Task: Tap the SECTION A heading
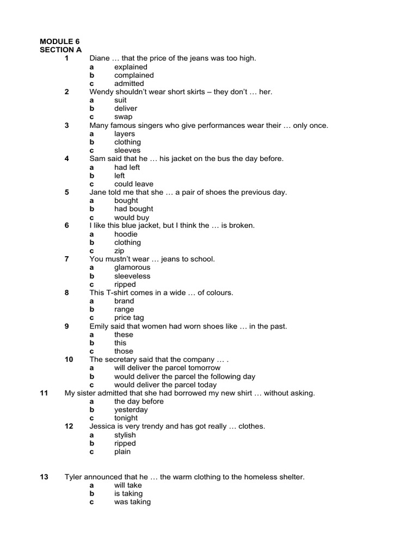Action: point(61,49)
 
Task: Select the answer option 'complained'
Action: point(134,75)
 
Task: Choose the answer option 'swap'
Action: point(123,117)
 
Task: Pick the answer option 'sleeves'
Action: point(127,150)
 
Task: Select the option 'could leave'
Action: point(134,184)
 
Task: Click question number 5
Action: point(66,192)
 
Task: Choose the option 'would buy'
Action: point(132,218)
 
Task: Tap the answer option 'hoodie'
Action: point(126,234)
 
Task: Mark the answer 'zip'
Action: point(119,251)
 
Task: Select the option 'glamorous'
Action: point(132,268)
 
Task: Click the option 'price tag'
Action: point(129,318)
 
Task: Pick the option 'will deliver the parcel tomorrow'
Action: point(167,368)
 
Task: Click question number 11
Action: point(45,393)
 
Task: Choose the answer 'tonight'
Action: point(126,418)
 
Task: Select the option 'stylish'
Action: point(125,435)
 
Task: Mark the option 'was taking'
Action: point(132,502)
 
